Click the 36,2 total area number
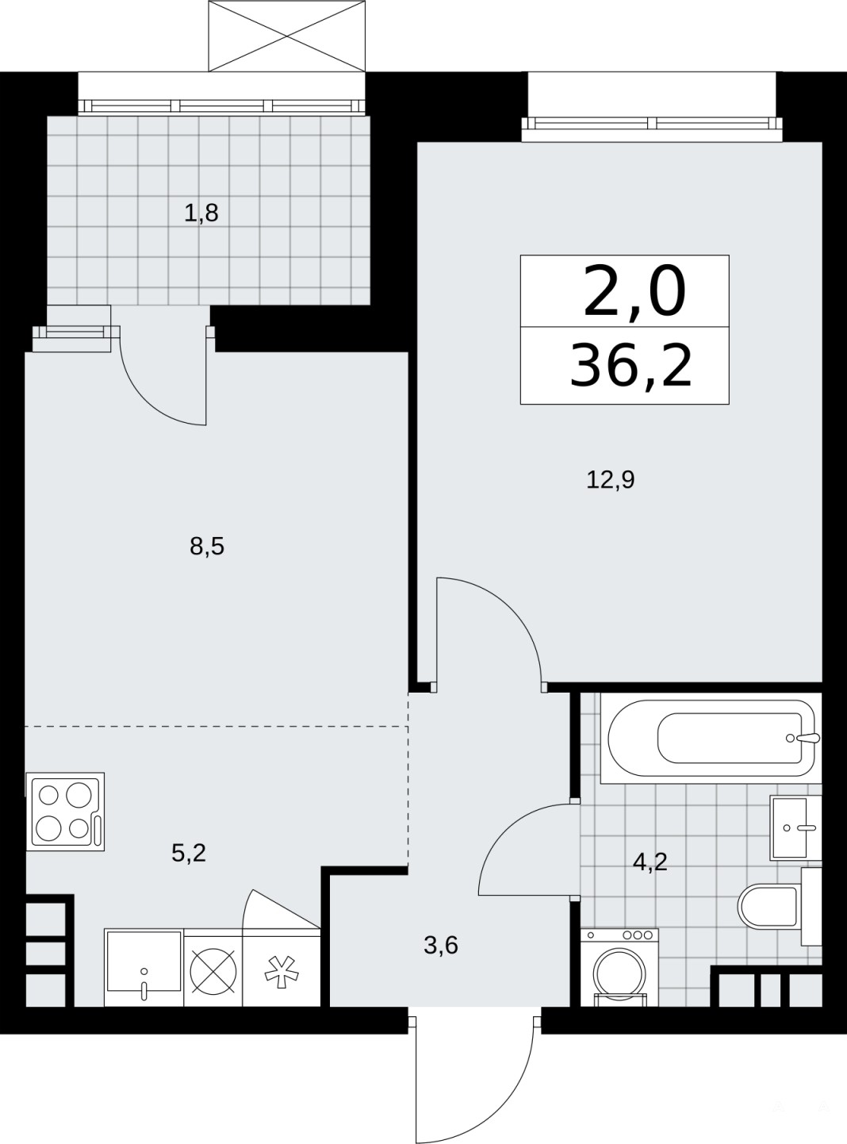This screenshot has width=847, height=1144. [x=630, y=367]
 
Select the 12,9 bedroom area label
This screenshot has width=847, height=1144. [x=610, y=480]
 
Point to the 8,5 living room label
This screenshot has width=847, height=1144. [x=207, y=546]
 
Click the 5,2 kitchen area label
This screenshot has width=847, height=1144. [x=188, y=853]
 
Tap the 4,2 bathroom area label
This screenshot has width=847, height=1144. [x=650, y=862]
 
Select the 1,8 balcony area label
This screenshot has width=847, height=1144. [x=201, y=213]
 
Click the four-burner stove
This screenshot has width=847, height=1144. [x=65, y=812]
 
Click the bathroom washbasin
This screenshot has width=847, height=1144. [x=795, y=827]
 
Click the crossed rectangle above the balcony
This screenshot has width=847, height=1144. [x=287, y=36]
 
